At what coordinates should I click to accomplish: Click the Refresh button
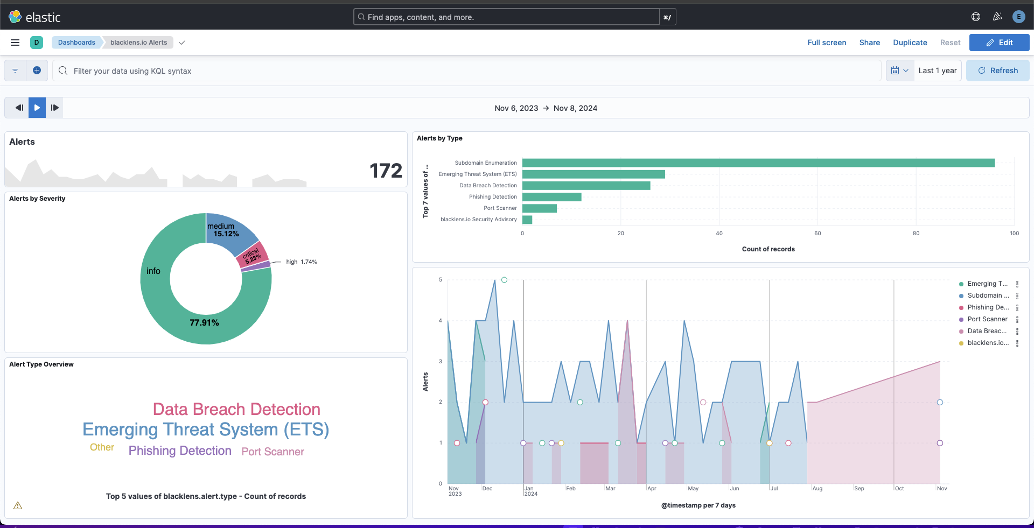[997, 71]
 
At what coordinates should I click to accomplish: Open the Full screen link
[827, 43]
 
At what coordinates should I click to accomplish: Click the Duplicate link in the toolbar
[910, 43]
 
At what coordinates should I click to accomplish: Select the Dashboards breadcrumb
[76, 43]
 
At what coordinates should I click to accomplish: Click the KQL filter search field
[463, 71]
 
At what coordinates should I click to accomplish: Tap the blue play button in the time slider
[37, 108]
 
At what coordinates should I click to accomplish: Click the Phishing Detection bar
[551, 197]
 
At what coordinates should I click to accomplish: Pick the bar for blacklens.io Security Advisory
[527, 220]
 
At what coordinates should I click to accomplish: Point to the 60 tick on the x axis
[818, 234]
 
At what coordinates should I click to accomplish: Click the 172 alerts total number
[386, 171]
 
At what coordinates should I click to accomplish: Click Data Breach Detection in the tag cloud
[236, 410]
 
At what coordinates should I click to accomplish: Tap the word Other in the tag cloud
[102, 448]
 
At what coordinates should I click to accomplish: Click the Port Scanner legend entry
[987, 319]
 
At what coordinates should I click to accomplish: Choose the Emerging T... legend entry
[987, 284]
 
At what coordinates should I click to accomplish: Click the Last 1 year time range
[937, 71]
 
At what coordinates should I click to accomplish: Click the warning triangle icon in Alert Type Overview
[18, 505]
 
